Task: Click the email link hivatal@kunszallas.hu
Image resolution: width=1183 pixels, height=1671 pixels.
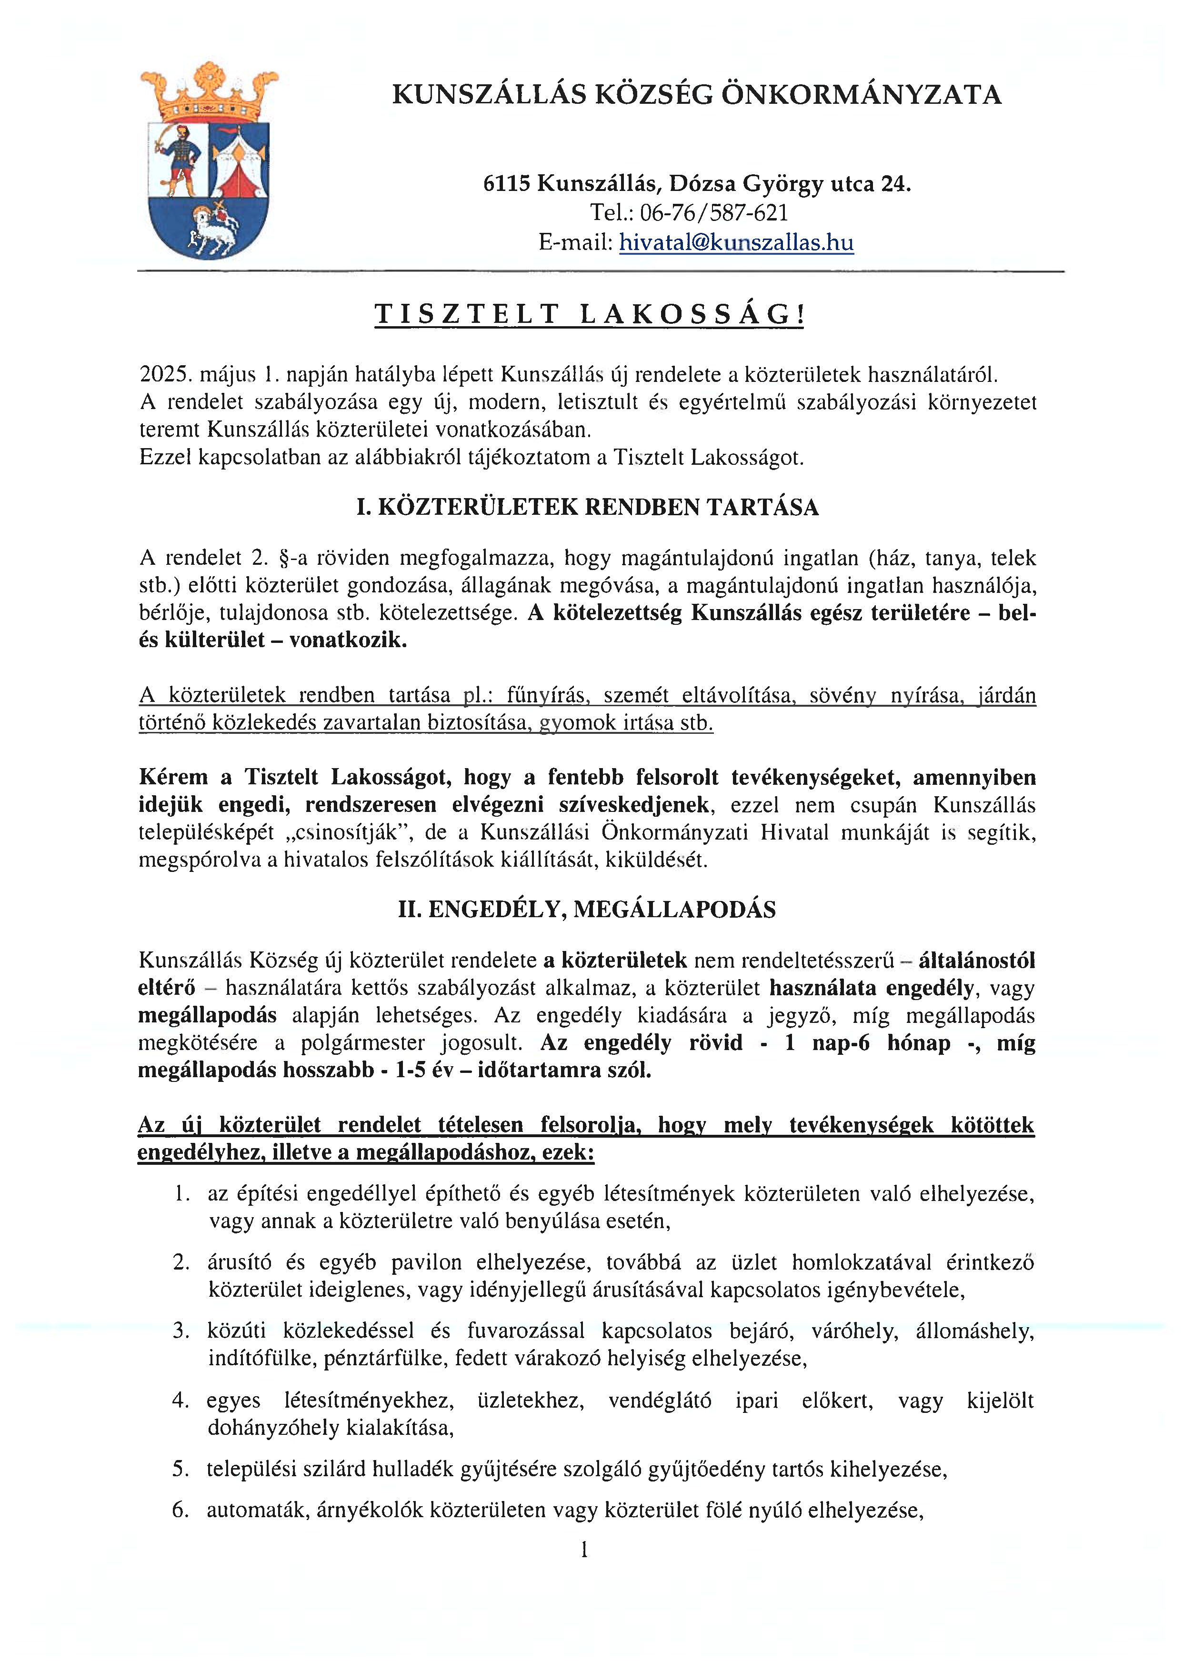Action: pos(736,242)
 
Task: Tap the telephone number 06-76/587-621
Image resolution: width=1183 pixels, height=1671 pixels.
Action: pos(714,213)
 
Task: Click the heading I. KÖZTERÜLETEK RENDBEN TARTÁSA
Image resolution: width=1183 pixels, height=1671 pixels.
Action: pos(587,507)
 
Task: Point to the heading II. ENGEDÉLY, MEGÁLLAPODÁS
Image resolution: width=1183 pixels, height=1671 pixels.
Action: pos(587,910)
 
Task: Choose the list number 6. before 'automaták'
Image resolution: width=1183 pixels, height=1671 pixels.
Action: pos(180,1510)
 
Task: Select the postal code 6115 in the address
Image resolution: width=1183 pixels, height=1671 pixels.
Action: pos(506,183)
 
